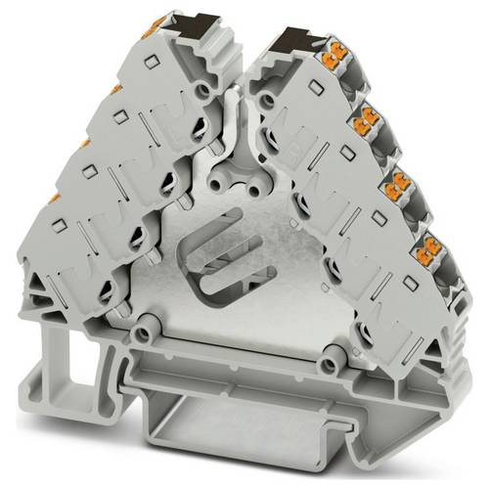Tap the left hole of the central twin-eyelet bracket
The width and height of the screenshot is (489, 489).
click(231, 183)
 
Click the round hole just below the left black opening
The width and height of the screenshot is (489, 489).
click(202, 92)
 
